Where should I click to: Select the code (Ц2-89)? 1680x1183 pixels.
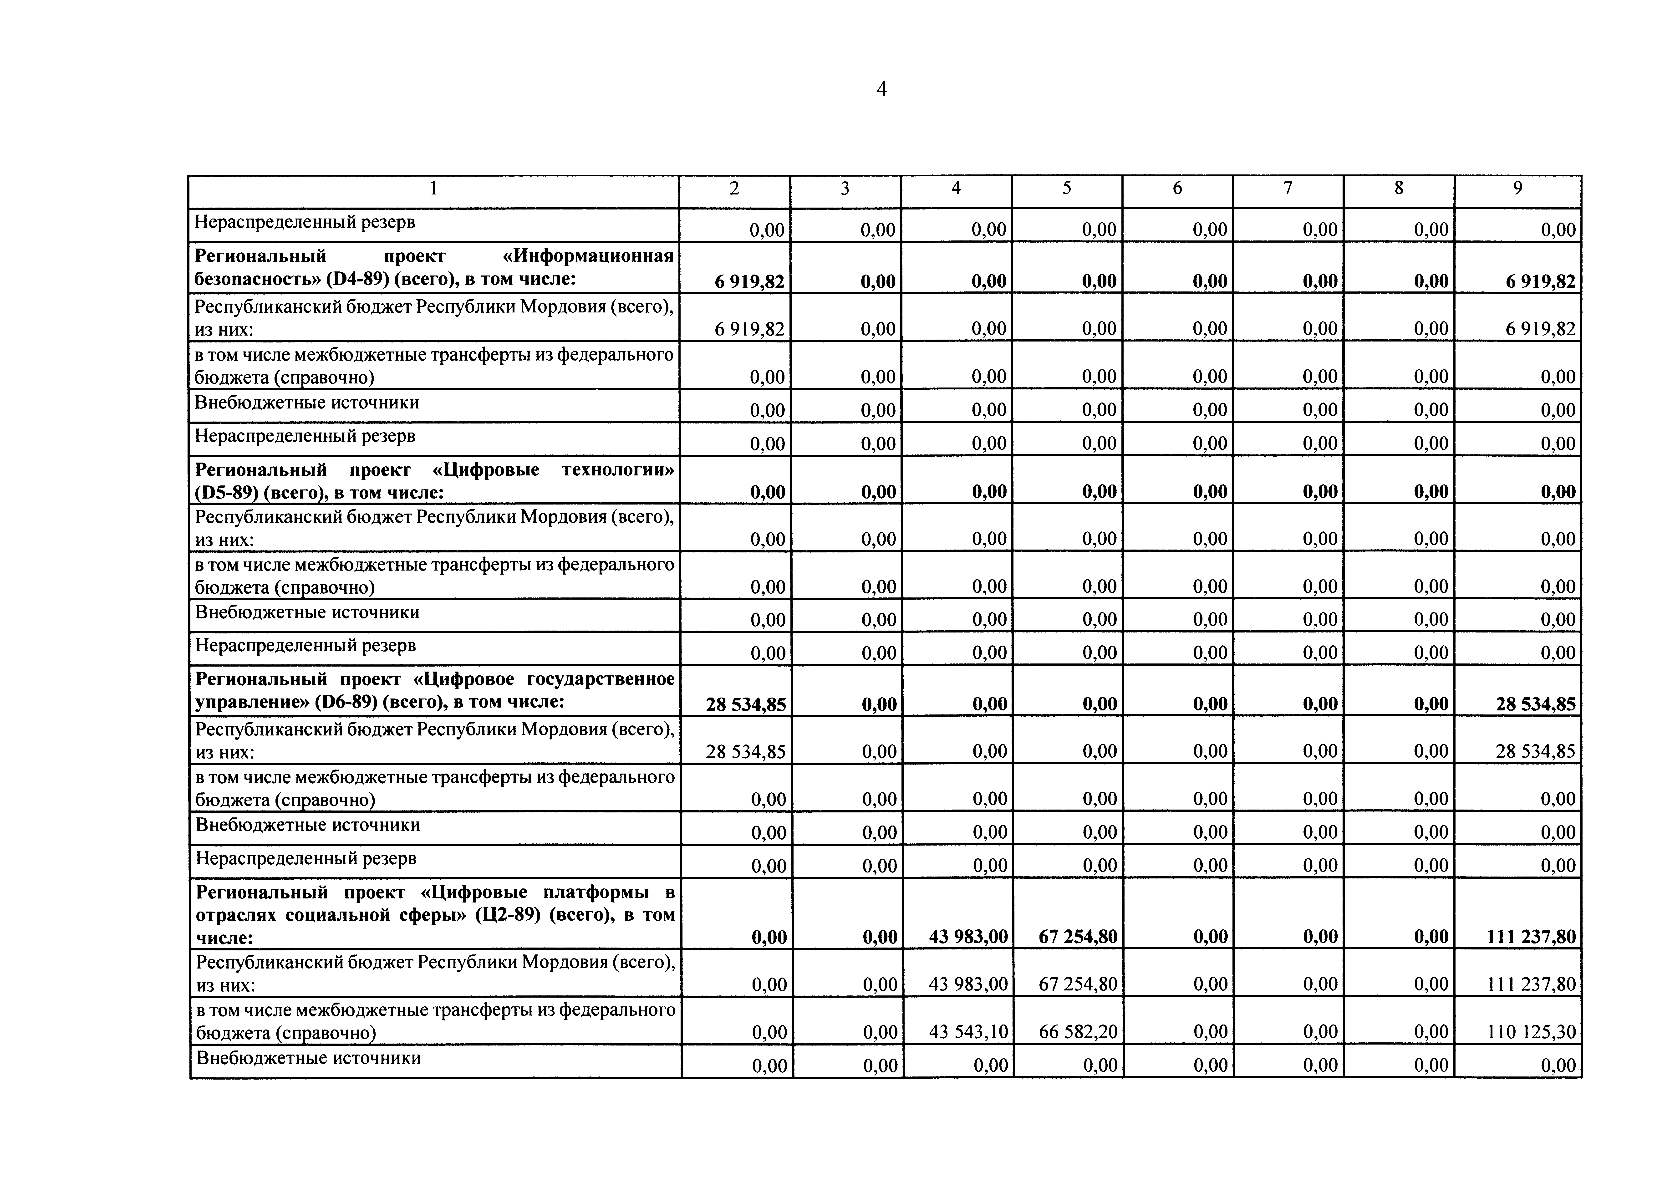(509, 915)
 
